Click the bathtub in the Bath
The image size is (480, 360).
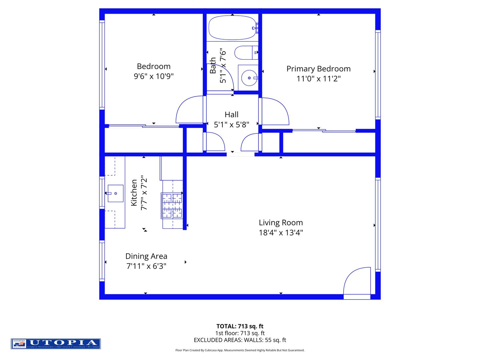tap(232, 28)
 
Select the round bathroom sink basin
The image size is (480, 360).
tap(249, 78)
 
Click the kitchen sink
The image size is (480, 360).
tap(115, 193)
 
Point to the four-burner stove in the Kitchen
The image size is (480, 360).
tap(172, 206)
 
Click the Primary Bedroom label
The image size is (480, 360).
tap(318, 69)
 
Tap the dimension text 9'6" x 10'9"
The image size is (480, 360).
tap(154, 76)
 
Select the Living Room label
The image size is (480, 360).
tap(281, 223)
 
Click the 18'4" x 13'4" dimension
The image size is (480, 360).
tap(281, 233)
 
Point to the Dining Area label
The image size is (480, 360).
tap(146, 256)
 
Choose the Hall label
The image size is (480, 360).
tap(231, 115)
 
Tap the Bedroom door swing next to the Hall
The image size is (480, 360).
tap(189, 110)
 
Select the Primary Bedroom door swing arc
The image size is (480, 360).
tap(275, 111)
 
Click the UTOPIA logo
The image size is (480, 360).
tap(56, 344)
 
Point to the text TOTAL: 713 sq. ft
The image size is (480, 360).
tap(240, 326)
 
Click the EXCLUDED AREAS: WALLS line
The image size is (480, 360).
tap(240, 340)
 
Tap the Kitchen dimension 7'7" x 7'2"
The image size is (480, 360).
tap(144, 193)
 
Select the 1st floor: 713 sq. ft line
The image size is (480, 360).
tap(240, 333)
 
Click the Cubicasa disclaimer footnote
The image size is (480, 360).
tap(240, 350)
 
